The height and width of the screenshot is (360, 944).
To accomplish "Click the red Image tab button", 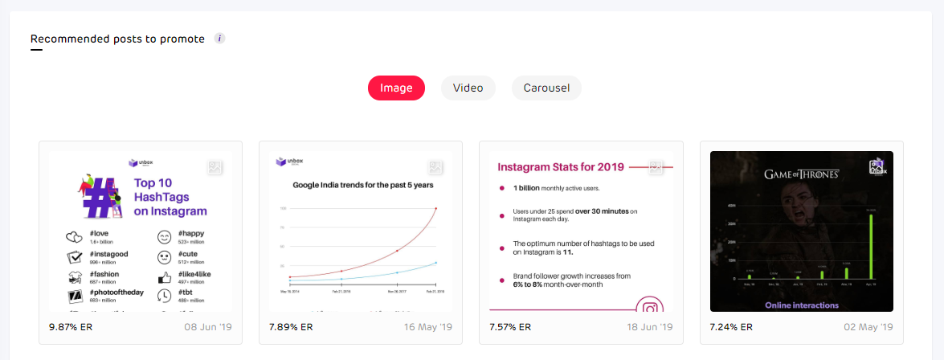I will pyautogui.click(x=396, y=88).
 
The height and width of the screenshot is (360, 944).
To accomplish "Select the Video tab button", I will pyautogui.click(x=468, y=88).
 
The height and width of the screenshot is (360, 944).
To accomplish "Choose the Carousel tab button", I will pyautogui.click(x=546, y=88).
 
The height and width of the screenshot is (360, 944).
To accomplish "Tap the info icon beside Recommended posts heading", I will pyautogui.click(x=220, y=39).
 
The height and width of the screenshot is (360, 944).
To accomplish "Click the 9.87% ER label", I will pyautogui.click(x=70, y=327).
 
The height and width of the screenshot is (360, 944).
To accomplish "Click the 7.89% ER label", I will pyautogui.click(x=290, y=327).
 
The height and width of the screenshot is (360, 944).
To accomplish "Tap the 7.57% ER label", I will pyautogui.click(x=510, y=327).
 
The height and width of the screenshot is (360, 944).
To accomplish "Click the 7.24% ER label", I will pyautogui.click(x=731, y=327).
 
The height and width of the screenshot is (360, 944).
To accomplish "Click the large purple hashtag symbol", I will pyautogui.click(x=98, y=198).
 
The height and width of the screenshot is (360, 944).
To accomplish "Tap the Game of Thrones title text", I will pyautogui.click(x=801, y=174).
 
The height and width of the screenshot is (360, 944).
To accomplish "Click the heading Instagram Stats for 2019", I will pyautogui.click(x=559, y=168).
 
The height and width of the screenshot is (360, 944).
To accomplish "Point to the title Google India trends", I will pyautogui.click(x=362, y=185).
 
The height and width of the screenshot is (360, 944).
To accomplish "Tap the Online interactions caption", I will pyautogui.click(x=802, y=305).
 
